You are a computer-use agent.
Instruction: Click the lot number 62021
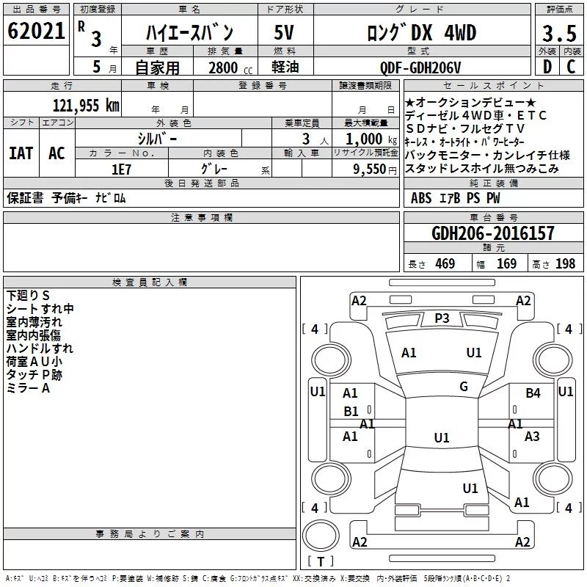pyautogui.click(x=36, y=31)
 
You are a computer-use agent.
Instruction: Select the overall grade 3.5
pyautogui.click(x=559, y=33)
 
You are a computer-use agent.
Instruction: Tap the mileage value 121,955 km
pyautogui.click(x=86, y=106)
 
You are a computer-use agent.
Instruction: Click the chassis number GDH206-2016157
pyautogui.click(x=492, y=233)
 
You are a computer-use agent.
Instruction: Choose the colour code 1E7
pyautogui.click(x=121, y=169)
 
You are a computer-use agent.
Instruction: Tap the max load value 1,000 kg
pyautogui.click(x=371, y=139)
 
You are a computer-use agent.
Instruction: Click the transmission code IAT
pyautogui.click(x=21, y=153)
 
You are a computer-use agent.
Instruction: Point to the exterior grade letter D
pyautogui.click(x=547, y=67)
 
